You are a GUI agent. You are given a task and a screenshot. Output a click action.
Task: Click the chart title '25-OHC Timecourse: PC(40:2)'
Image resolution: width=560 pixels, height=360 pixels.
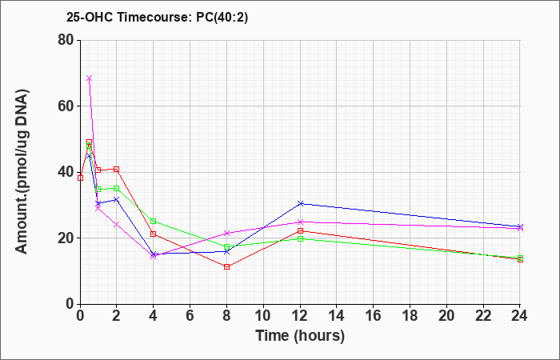(x=157, y=17)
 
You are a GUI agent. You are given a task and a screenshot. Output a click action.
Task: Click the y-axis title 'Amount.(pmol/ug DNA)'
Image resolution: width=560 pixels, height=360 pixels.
(x=22, y=172)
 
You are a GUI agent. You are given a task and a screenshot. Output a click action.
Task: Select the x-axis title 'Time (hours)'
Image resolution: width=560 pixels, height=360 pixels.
(x=300, y=336)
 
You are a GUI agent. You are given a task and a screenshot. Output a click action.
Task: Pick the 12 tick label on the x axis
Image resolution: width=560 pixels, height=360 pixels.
(x=300, y=315)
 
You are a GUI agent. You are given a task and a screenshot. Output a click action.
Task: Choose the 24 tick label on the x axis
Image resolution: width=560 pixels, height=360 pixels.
(x=519, y=315)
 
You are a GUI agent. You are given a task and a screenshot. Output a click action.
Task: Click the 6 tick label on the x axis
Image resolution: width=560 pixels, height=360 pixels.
(x=190, y=315)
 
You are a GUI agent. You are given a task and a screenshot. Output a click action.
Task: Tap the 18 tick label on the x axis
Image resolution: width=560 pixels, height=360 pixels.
(x=410, y=315)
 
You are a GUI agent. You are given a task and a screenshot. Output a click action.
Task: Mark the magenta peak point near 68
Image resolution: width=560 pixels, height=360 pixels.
(x=90, y=78)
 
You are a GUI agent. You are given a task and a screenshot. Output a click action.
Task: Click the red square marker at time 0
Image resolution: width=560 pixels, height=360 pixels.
(x=80, y=178)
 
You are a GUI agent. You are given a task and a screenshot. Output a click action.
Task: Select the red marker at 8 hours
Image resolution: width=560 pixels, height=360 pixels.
(x=226, y=266)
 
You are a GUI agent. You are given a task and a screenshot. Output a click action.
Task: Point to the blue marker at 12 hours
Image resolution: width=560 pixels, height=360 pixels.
(x=300, y=203)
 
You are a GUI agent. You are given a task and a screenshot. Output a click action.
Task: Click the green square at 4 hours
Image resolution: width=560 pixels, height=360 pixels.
(x=154, y=221)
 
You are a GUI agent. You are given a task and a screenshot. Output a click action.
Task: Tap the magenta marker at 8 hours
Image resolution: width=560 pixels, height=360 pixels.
(x=226, y=234)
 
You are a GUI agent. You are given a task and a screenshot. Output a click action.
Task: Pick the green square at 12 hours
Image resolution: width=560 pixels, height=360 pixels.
(x=300, y=238)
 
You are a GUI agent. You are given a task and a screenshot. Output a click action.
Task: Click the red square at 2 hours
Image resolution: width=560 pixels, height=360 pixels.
(x=117, y=170)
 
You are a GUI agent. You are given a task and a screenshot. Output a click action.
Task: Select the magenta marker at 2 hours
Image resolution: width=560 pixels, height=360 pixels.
(x=117, y=224)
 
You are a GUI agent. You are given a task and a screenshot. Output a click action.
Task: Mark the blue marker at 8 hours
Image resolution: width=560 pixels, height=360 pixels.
(x=226, y=252)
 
